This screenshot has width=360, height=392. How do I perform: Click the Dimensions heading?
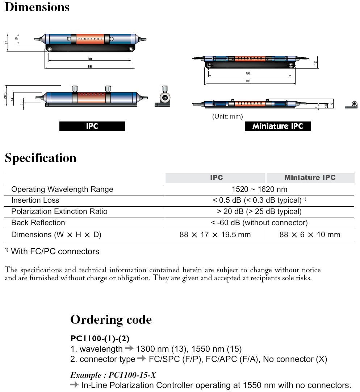point(37,7)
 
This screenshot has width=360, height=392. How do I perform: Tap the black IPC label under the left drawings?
point(92,126)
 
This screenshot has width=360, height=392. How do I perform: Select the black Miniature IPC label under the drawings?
point(278,126)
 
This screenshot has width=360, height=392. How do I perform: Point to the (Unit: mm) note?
point(227,116)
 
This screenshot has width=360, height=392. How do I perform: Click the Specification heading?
point(41,158)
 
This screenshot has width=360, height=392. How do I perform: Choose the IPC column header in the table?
point(216,178)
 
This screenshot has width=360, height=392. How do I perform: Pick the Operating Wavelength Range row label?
point(62,189)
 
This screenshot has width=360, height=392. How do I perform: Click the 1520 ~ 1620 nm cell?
point(259,189)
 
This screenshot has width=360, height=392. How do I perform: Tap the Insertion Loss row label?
point(35,200)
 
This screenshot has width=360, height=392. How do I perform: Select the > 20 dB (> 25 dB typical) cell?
point(259,211)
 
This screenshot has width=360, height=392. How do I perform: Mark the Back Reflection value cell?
point(259,223)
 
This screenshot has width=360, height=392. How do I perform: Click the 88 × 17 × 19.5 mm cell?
point(215,235)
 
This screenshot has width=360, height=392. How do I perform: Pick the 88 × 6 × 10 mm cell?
point(310,235)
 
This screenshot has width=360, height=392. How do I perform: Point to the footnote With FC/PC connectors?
point(55,251)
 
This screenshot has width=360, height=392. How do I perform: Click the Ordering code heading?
point(111,319)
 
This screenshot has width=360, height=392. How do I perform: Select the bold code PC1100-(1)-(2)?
point(100,338)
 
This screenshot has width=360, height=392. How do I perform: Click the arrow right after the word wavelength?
point(129,349)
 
